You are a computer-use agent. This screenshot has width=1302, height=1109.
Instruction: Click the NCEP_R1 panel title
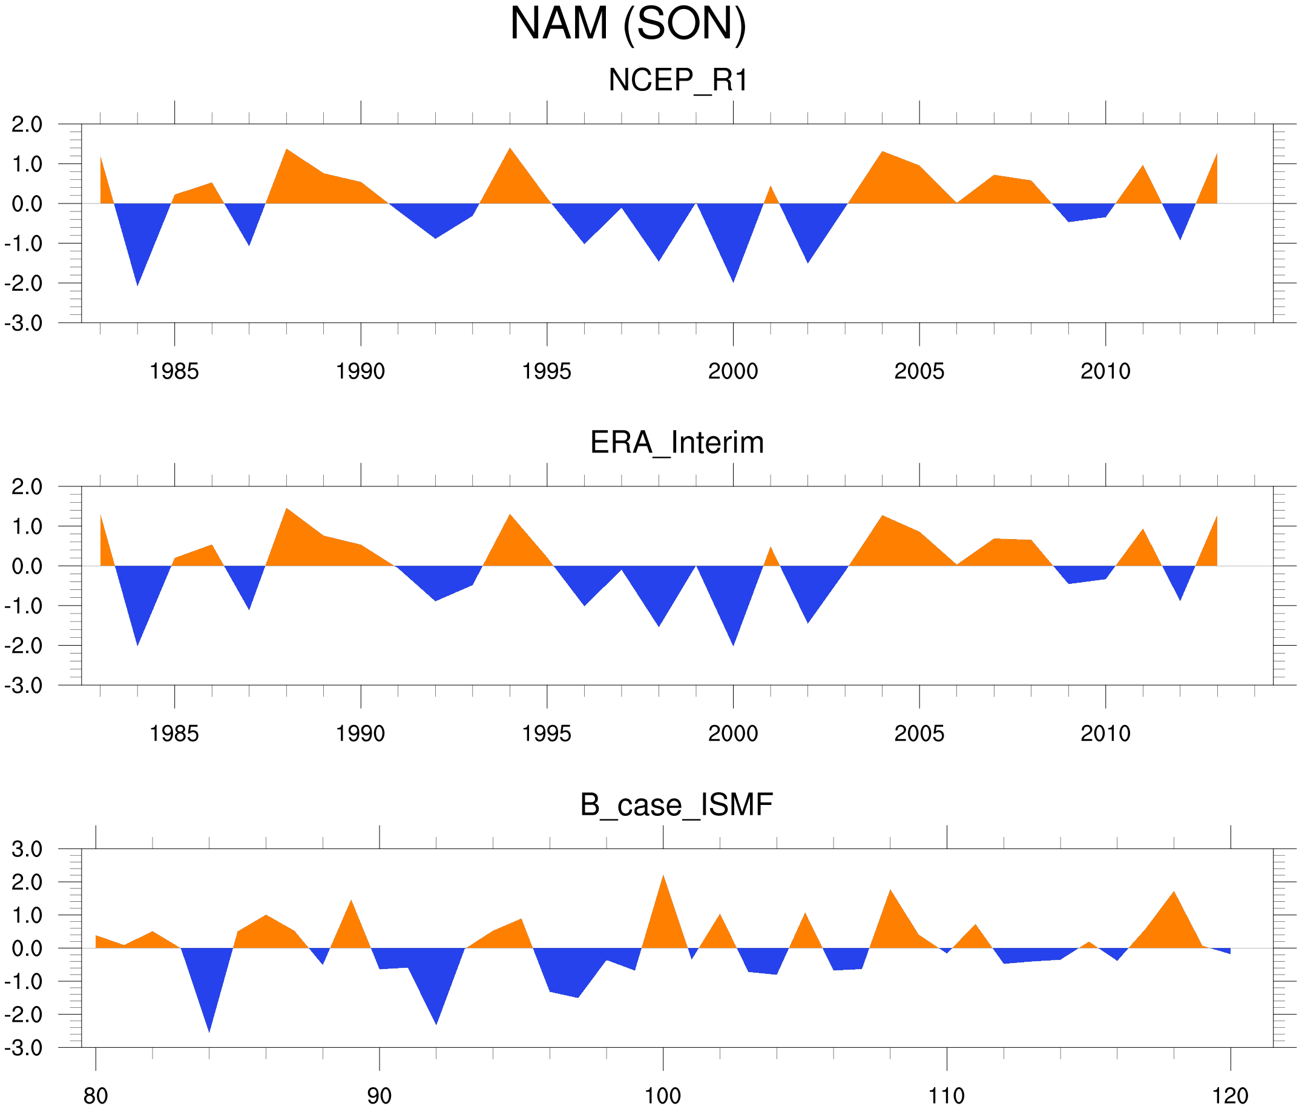(678, 81)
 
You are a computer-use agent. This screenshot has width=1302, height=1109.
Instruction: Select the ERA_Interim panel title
(677, 443)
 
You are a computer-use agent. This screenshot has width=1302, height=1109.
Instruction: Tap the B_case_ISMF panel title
(676, 805)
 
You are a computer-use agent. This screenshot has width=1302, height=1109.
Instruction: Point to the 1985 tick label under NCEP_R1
(174, 371)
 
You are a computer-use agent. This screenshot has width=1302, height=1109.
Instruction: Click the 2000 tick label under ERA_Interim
(732, 733)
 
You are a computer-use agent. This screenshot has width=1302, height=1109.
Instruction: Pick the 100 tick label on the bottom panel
(663, 1096)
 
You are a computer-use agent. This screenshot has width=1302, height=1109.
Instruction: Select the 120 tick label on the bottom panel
(1230, 1096)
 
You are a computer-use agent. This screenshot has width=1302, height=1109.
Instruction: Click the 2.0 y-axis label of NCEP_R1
(27, 125)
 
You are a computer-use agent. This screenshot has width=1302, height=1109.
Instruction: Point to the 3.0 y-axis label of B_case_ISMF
(27, 849)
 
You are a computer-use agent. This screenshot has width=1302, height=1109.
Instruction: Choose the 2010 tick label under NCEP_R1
(1105, 371)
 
